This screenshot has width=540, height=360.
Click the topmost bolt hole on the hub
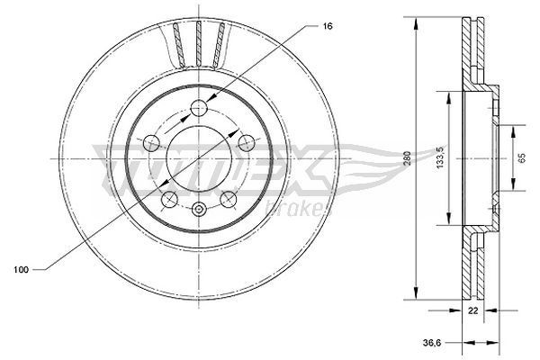pos(200,109)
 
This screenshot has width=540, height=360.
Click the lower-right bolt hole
pos(229,197)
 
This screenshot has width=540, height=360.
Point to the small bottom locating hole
pos(200,210)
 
